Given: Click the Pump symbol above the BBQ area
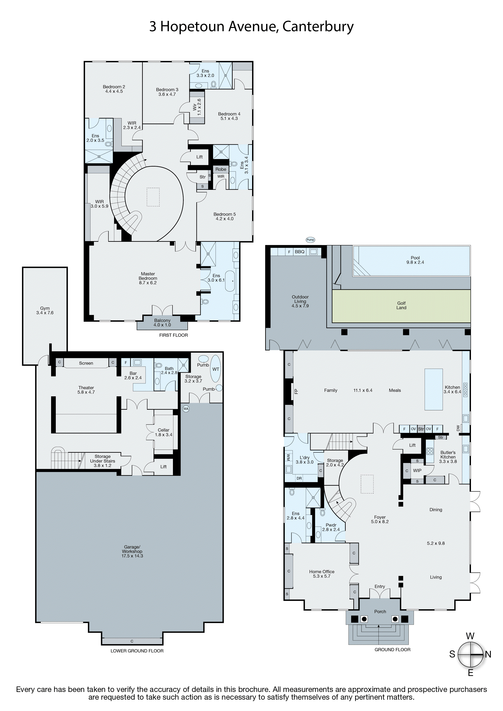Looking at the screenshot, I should [310, 240].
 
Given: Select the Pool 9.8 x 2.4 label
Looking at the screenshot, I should [415, 260].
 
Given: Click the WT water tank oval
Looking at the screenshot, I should [216, 369].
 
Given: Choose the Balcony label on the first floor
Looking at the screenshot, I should [162, 323].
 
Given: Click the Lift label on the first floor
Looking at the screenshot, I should [199, 157].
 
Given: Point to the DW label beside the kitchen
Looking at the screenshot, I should [458, 428].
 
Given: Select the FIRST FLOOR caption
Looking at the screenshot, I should [174, 335].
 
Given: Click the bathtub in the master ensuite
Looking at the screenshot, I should [230, 281].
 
